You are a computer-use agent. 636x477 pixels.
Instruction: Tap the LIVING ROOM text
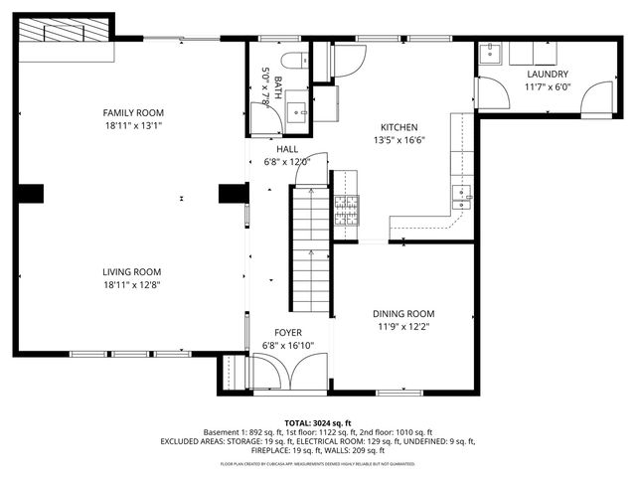131,271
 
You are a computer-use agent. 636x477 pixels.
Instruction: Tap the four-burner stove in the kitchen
345,209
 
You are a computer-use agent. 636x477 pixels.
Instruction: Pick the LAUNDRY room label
548,75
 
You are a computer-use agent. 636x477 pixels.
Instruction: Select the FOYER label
287,333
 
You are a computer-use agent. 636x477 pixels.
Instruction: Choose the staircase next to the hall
309,248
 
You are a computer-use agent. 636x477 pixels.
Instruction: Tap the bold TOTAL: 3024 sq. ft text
318,422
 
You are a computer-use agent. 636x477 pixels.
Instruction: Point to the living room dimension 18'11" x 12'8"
131,284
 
